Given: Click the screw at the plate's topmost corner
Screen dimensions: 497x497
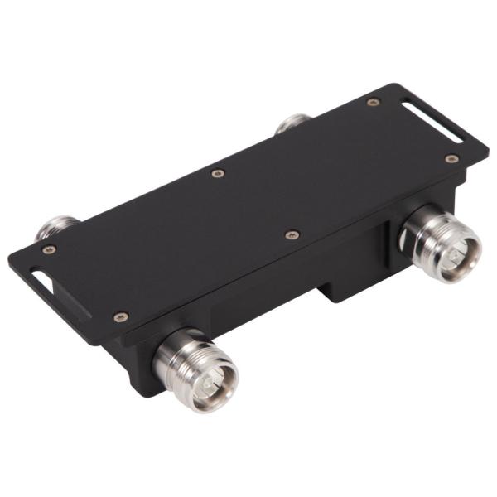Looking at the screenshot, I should click(373, 102).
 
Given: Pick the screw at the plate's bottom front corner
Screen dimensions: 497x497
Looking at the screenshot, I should click(121, 316).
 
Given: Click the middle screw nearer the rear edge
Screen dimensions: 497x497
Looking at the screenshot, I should click(217, 173).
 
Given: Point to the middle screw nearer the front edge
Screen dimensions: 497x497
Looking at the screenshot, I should click(291, 235).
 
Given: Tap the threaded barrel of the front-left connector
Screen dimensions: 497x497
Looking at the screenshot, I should click(177, 357).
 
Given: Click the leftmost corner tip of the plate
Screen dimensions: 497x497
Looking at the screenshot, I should click(9, 259).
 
